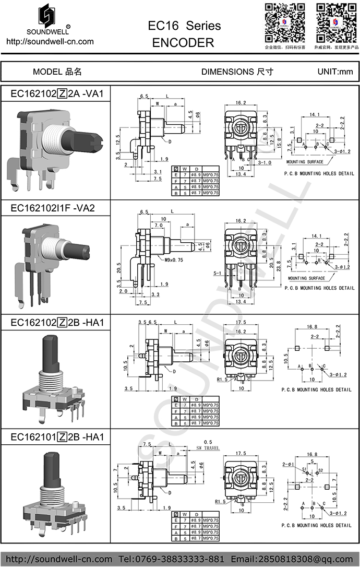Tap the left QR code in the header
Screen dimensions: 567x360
[x=284, y=23]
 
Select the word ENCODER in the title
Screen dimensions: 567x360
[x=183, y=43]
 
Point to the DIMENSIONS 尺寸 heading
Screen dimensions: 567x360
[x=237, y=72]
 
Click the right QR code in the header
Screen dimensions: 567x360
[x=337, y=23]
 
